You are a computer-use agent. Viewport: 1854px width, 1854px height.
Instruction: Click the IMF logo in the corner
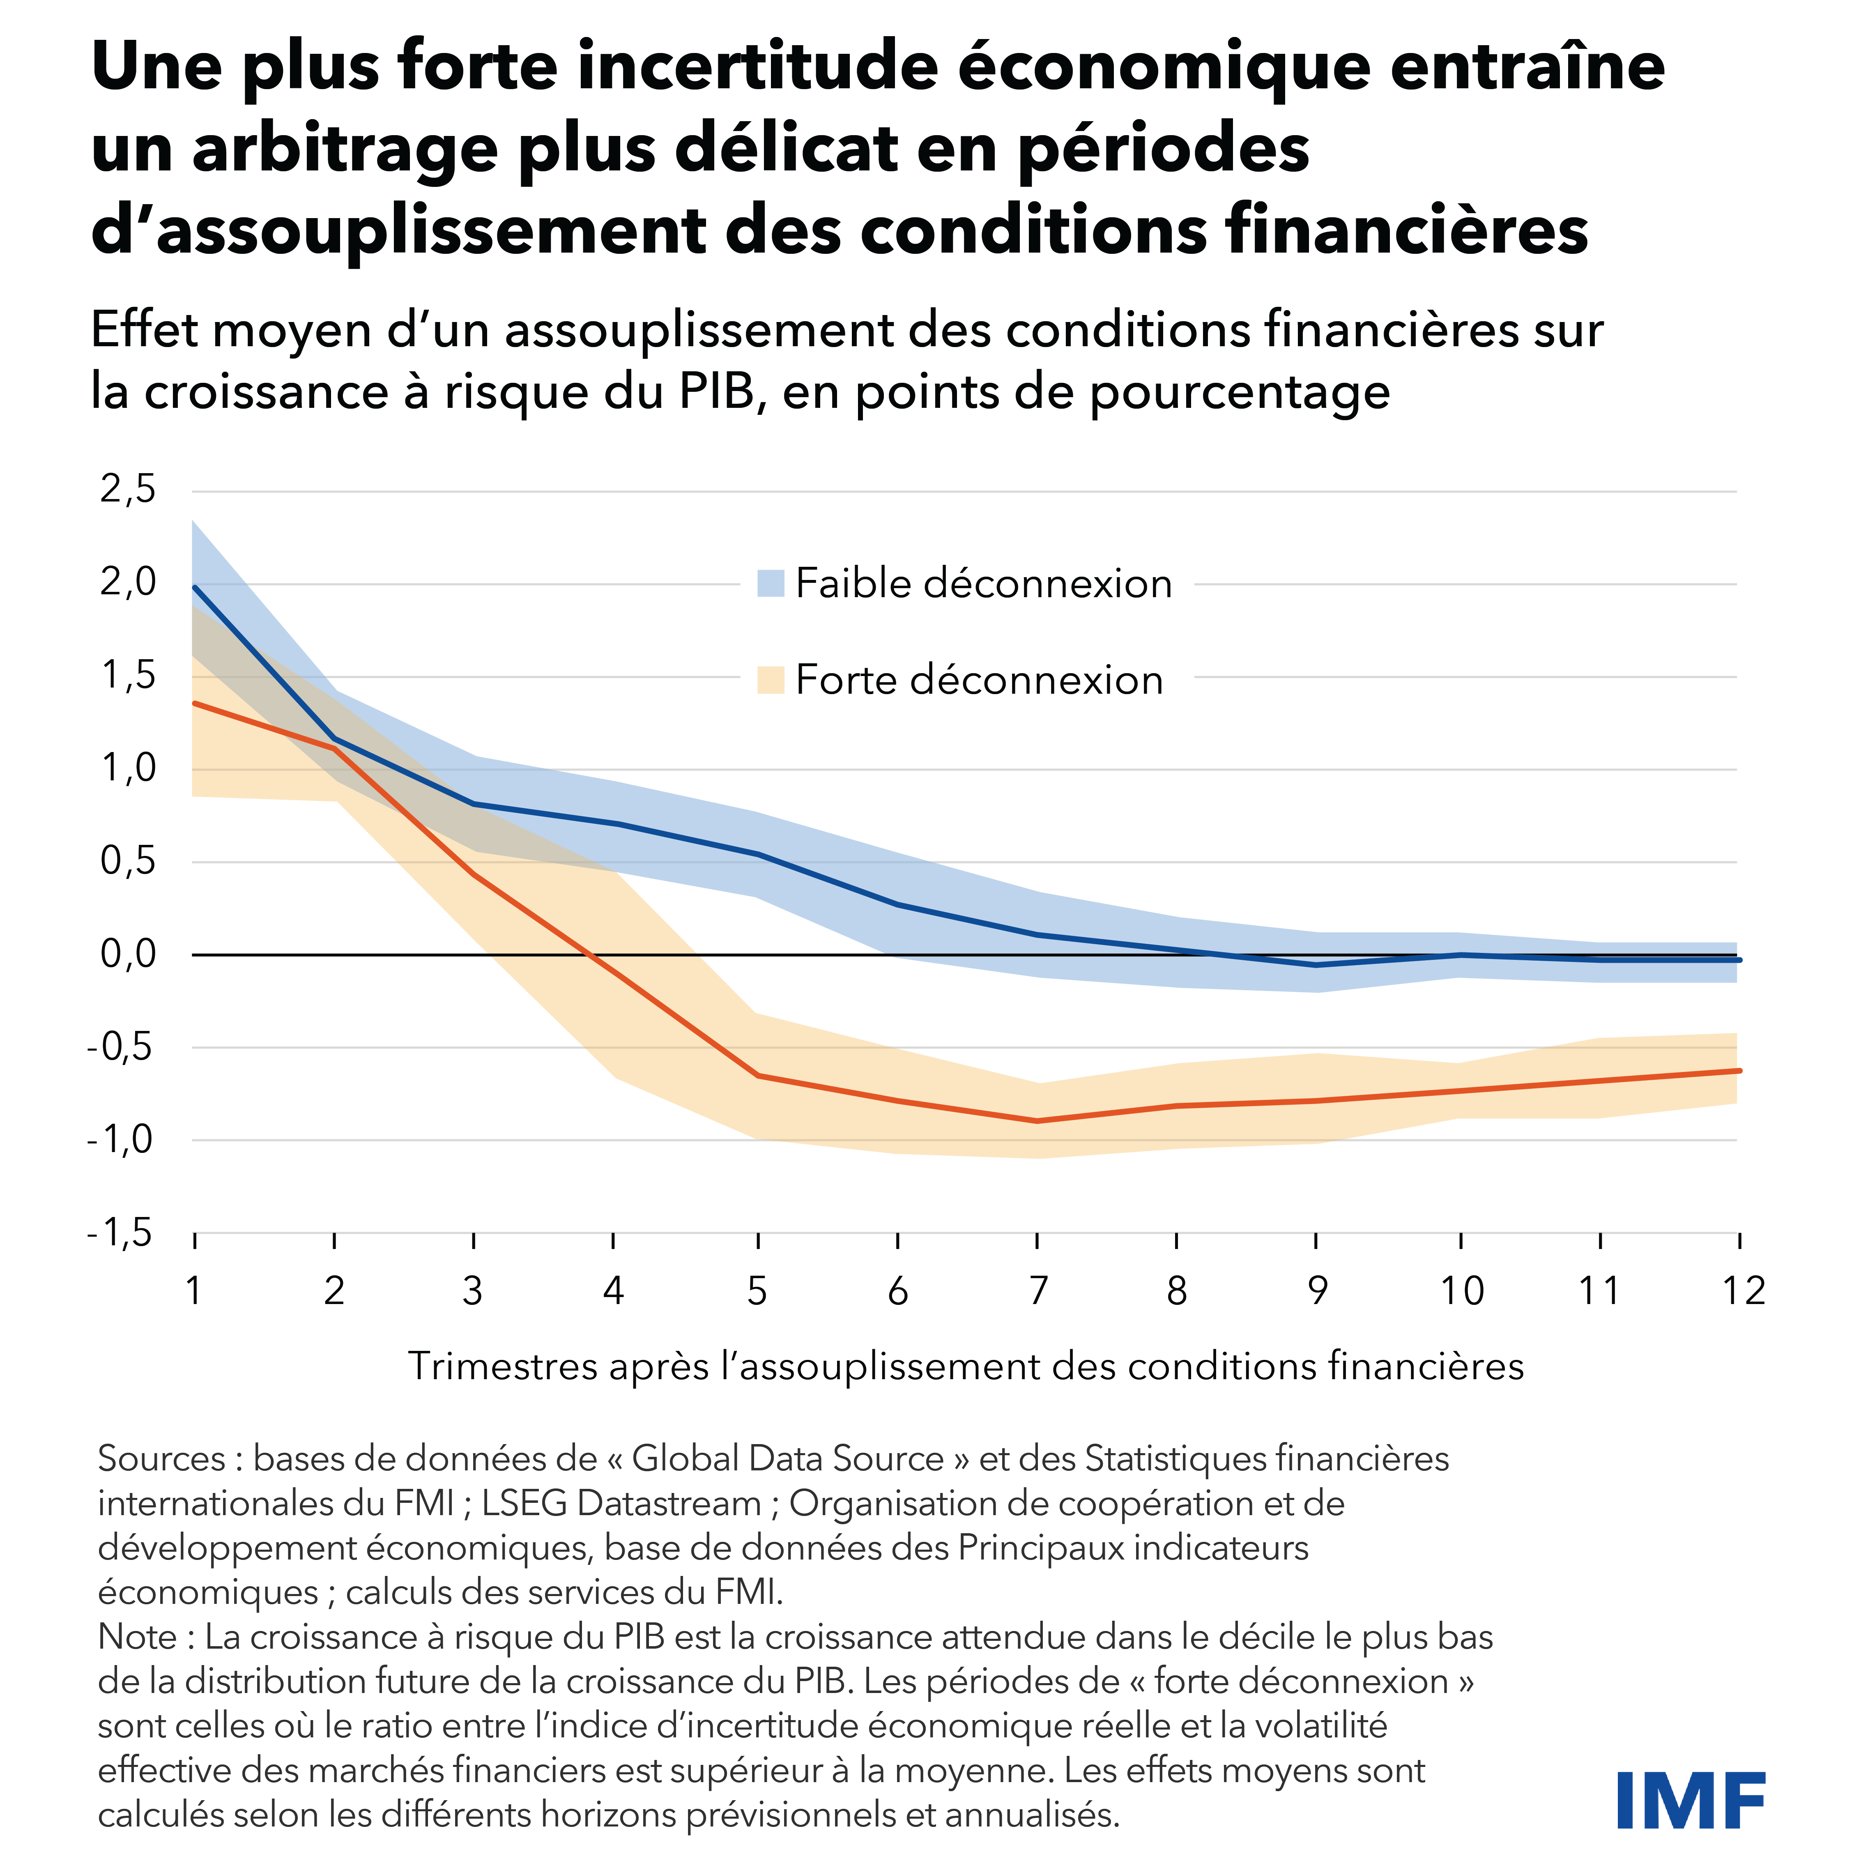click(1691, 1800)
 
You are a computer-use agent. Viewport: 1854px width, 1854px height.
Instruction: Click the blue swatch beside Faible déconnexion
click(771, 582)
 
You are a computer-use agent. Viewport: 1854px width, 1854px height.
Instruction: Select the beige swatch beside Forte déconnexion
click(771, 679)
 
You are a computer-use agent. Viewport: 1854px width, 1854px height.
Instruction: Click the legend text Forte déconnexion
click(979, 679)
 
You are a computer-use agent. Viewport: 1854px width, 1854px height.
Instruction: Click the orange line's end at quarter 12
click(1739, 1071)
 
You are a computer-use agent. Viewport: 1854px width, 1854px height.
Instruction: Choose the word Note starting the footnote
click(137, 1637)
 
